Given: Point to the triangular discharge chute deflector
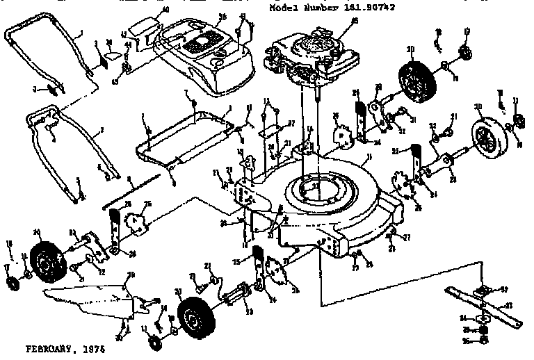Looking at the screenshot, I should click(90, 295).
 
